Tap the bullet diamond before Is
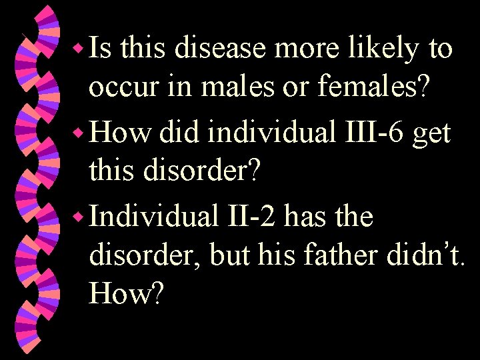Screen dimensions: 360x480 (x=77, y=49)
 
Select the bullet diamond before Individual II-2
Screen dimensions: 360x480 (x=77, y=217)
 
